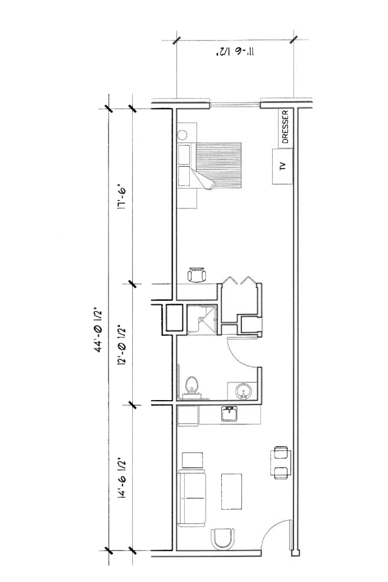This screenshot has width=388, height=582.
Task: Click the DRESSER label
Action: click(x=285, y=127)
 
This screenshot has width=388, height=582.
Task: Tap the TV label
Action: click(x=283, y=166)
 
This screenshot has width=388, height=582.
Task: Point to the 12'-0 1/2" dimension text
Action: click(x=122, y=346)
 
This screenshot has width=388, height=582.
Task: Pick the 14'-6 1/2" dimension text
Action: click(x=122, y=478)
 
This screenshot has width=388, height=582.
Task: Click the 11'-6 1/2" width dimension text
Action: click(x=235, y=52)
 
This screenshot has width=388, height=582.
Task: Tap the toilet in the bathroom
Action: click(x=192, y=387)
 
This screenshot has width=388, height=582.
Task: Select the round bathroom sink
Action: click(x=244, y=391)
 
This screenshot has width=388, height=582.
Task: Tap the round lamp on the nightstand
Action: click(x=182, y=135)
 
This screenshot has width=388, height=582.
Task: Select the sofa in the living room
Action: click(x=192, y=498)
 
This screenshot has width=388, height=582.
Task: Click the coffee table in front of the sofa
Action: click(x=232, y=491)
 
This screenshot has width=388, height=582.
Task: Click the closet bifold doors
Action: click(x=239, y=280)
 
